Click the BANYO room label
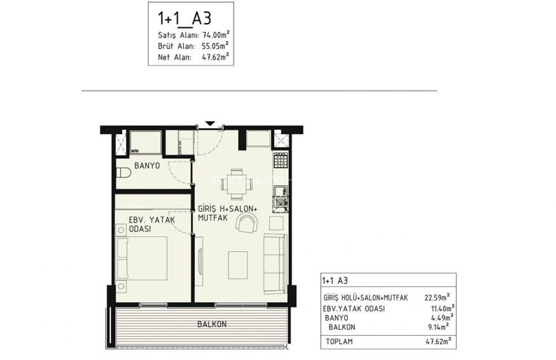(x=147, y=166)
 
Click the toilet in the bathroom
(x=124, y=173)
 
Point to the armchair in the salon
(x=247, y=225)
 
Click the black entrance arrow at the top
(x=209, y=124)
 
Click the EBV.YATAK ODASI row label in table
(x=354, y=308)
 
